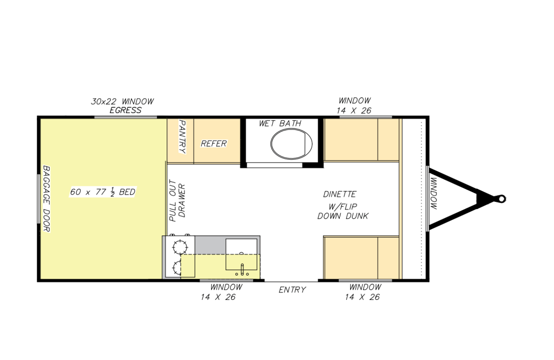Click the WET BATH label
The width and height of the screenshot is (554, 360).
click(280, 123)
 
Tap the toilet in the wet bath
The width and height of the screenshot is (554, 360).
click(291, 143)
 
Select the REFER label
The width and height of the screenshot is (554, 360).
click(214, 143)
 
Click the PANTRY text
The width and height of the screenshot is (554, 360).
click(182, 137)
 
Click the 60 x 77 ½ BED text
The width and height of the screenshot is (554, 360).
click(103, 192)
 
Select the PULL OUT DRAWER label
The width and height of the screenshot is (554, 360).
click(177, 200)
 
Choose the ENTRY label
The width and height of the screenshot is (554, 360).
click(292, 290)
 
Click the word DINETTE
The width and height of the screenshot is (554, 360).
click(340, 194)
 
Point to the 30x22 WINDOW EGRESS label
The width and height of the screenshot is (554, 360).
click(122, 106)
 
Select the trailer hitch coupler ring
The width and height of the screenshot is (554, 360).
click(502, 199)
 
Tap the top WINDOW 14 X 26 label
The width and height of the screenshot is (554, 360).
click(354, 105)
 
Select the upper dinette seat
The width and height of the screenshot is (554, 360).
click(360, 139)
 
